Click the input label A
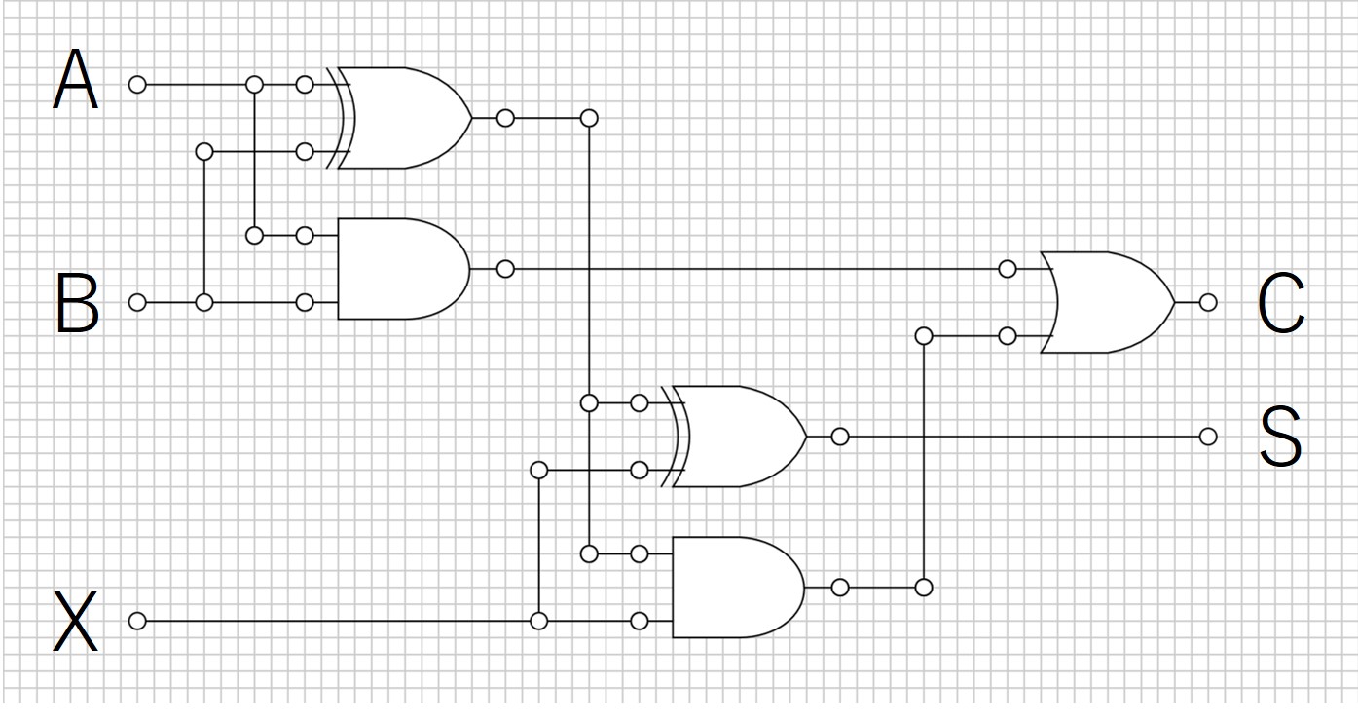click(75, 79)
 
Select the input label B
click(77, 302)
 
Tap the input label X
click(75, 621)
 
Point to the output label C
click(1281, 302)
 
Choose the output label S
click(1281, 437)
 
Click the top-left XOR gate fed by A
click(399, 118)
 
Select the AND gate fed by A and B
click(404, 269)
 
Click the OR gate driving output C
click(1108, 302)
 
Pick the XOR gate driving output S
click(734, 437)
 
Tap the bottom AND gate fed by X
click(739, 588)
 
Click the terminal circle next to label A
click(137, 85)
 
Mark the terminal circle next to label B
click(137, 302)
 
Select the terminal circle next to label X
click(137, 621)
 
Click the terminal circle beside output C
click(1208, 302)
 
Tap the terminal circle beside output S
click(1208, 437)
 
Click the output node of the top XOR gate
click(505, 118)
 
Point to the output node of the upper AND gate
click(505, 269)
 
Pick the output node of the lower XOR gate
click(840, 437)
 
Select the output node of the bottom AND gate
click(840, 588)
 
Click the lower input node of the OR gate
click(1007, 335)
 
